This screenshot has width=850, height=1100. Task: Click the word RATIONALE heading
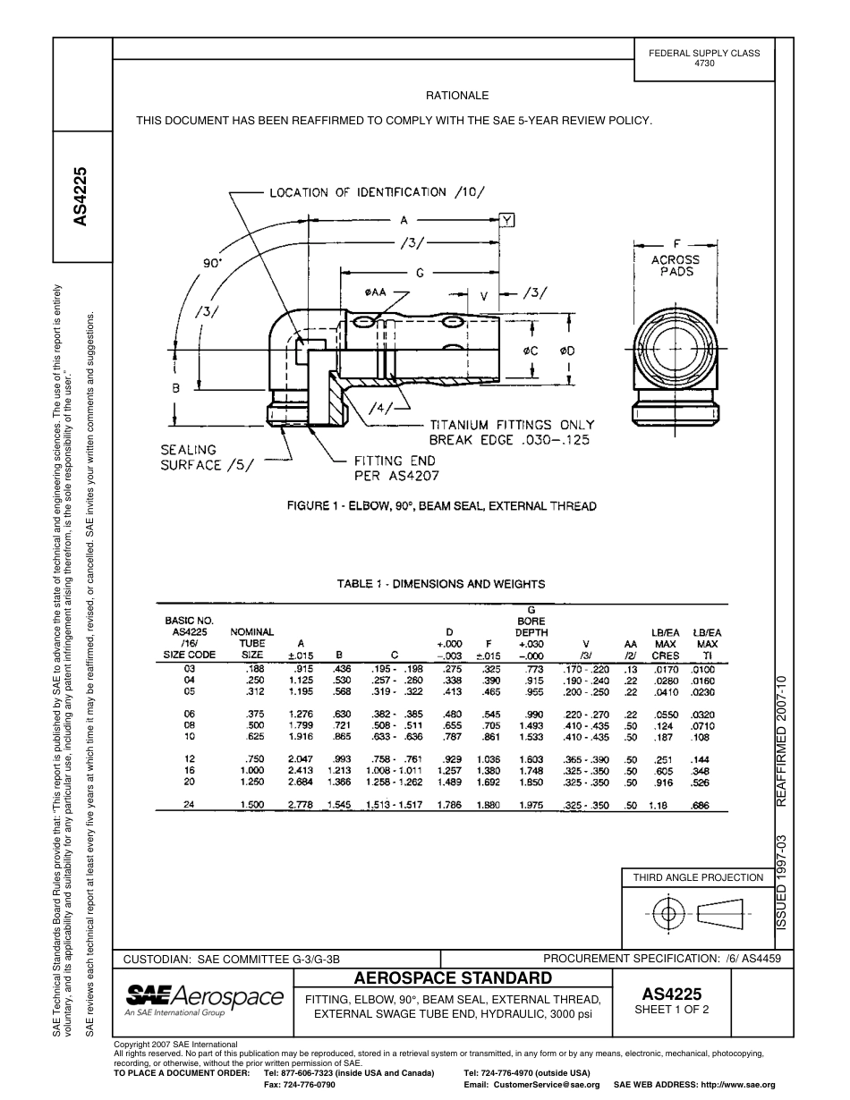457,96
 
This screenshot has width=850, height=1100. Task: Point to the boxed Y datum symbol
507,220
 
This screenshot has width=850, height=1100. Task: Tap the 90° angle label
212,264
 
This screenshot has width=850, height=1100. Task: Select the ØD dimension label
566,351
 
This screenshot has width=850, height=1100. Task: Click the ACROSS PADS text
676,266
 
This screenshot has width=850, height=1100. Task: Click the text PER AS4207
397,476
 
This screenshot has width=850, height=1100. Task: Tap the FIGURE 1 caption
441,506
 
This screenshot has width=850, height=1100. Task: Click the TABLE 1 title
441,584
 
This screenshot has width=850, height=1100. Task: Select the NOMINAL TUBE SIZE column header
252,643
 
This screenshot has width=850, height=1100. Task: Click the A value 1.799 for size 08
301,725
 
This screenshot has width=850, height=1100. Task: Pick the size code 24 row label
189,805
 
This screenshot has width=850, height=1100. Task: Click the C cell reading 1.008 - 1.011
394,770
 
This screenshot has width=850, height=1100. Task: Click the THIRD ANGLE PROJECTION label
698,877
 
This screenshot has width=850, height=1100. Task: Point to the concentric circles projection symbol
667,914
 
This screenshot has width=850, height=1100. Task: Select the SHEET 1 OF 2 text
672,1010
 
